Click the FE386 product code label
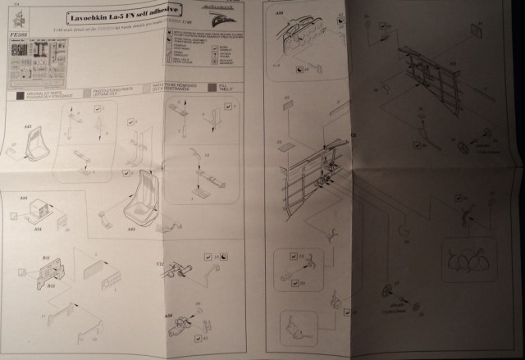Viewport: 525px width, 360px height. [x=16, y=37]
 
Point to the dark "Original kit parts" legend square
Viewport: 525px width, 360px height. [x=11, y=95]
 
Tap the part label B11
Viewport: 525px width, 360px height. [x=47, y=260]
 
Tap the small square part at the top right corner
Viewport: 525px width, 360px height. [x=475, y=29]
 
